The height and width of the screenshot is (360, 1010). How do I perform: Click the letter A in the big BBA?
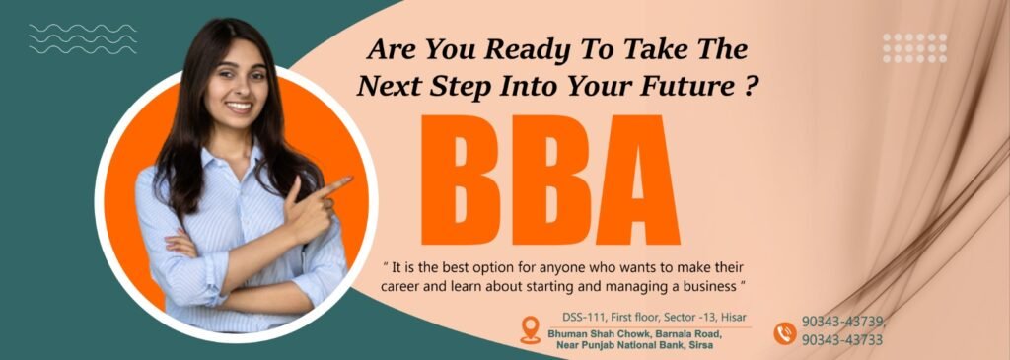pos(638,180)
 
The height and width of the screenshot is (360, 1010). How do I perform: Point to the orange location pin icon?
pos(530,329)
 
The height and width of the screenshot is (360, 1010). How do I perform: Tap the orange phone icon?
pos(784,333)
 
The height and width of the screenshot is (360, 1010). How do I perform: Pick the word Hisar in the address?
pos(734,317)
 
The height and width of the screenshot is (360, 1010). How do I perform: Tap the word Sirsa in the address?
pos(702,346)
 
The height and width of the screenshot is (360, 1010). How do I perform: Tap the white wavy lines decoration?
pos(83,38)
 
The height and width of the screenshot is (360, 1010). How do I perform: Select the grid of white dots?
pos(914,47)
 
